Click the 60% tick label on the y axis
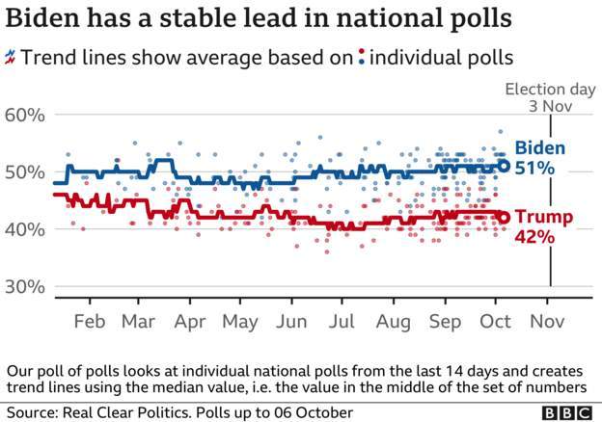(x=25, y=115)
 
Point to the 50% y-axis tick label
(x=25, y=172)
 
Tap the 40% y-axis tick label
(x=25, y=230)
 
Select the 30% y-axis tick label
(x=25, y=287)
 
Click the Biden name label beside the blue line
(x=540, y=148)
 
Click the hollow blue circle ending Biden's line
(x=504, y=166)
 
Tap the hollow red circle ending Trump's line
(x=504, y=218)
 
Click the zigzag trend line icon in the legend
(x=11, y=57)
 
